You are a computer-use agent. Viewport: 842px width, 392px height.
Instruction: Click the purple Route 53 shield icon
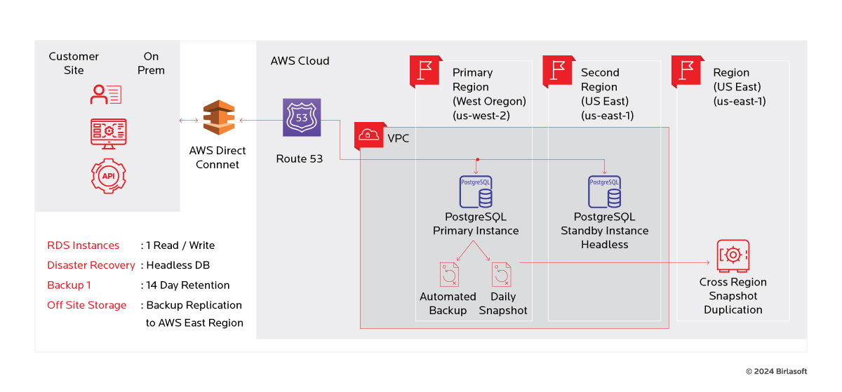point(302,117)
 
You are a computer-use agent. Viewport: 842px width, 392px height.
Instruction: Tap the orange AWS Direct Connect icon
point(219,118)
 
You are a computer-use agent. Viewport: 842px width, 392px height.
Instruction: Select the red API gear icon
point(109,176)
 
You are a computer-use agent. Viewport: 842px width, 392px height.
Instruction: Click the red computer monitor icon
point(109,134)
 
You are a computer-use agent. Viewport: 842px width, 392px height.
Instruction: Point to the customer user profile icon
point(106,95)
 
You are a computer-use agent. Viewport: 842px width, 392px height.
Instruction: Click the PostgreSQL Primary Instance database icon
point(476,191)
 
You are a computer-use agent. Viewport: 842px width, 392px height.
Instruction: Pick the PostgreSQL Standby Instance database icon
point(604,191)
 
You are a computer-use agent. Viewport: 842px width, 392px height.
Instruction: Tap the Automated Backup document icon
point(449,274)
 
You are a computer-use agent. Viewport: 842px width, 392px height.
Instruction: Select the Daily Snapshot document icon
point(502,274)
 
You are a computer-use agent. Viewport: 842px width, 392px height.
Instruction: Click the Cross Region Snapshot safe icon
point(733,255)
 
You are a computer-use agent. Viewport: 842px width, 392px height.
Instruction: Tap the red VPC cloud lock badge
point(369,135)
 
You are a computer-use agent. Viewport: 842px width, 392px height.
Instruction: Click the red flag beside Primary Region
point(425,71)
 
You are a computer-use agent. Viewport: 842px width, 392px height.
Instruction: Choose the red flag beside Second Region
point(559,71)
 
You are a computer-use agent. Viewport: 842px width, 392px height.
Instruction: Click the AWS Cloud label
point(300,61)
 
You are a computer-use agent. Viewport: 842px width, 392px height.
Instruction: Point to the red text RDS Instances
point(83,245)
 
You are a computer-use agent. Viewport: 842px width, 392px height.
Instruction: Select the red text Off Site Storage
point(87,305)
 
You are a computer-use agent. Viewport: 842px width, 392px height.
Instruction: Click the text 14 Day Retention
point(187,285)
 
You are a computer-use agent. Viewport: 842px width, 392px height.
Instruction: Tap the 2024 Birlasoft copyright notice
point(776,372)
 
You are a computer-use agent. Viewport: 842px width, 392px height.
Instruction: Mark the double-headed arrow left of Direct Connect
point(189,121)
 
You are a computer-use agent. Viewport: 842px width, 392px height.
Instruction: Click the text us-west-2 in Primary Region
point(481,116)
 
